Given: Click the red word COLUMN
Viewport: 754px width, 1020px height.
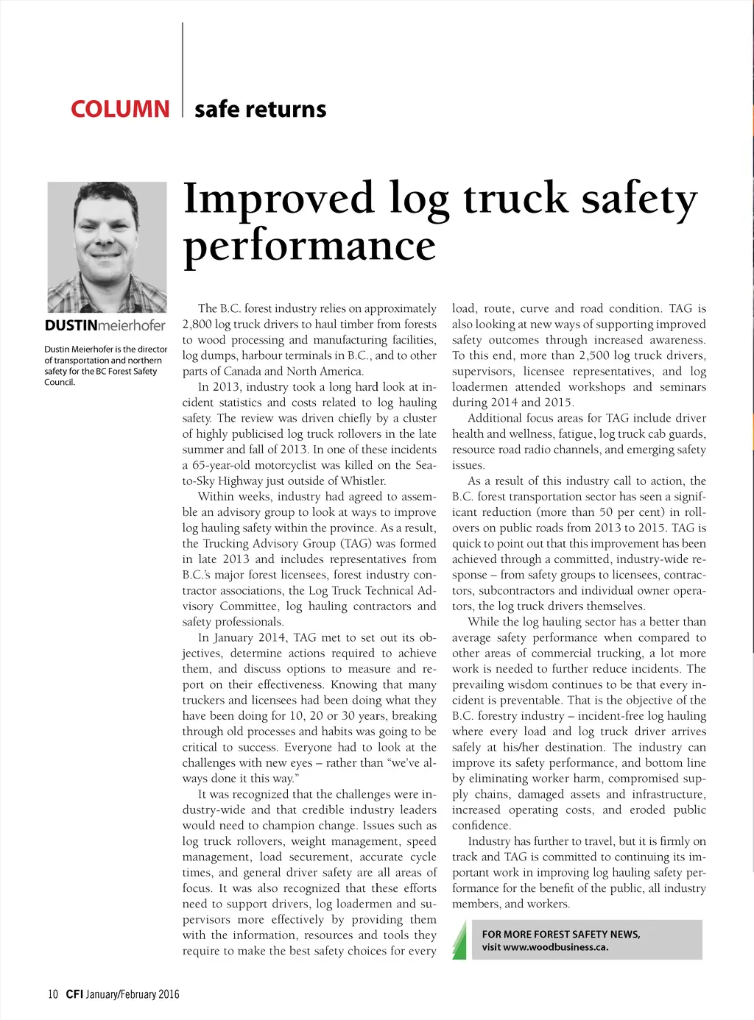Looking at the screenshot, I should [120, 109].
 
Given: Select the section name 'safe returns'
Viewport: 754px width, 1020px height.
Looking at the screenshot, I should [260, 109].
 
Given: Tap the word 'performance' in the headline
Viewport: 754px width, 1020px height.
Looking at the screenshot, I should [309, 245].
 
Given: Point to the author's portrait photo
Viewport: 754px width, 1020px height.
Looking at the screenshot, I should [108, 247].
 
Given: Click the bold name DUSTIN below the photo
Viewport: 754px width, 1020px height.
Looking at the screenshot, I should [71, 325].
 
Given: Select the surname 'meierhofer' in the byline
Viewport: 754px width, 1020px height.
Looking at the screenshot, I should [132, 325].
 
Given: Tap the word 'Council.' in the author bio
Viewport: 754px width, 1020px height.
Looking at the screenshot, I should [60, 382].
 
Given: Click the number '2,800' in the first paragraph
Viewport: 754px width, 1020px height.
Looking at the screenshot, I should [197, 325].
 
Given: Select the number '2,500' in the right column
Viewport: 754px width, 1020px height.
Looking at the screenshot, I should [594, 355].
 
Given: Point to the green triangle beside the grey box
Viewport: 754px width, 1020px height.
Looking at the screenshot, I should [459, 940].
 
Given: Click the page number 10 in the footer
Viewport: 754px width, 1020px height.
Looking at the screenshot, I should [53, 994].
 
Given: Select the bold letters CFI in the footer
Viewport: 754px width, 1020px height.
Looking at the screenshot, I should [74, 994].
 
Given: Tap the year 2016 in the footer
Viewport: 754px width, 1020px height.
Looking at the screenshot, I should [168, 994].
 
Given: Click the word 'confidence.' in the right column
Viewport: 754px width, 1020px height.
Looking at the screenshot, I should [482, 826].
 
